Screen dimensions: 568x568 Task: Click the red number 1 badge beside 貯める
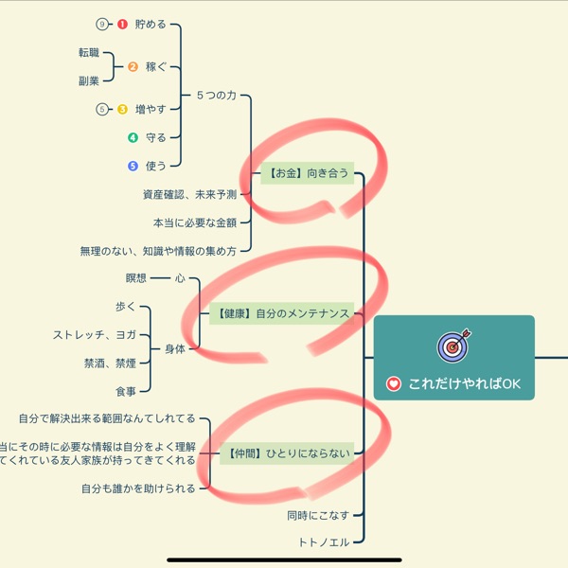click(122, 25)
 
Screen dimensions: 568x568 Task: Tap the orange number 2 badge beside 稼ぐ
click(133, 67)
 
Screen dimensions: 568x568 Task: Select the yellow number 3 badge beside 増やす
click(123, 110)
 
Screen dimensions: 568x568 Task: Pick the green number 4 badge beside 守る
click(133, 138)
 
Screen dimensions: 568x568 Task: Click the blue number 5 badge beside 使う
click(133, 166)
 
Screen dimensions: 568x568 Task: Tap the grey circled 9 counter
click(103, 25)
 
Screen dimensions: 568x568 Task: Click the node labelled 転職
click(89, 53)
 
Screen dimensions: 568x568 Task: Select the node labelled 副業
click(89, 81)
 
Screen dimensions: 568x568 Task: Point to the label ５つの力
click(216, 96)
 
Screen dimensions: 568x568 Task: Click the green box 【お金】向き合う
click(308, 173)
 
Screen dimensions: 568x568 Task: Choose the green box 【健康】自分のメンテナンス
click(281, 314)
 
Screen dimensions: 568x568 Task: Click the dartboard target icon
click(453, 346)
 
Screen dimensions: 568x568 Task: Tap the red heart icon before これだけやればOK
click(394, 385)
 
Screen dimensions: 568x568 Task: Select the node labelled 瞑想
click(136, 278)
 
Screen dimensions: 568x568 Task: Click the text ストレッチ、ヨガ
click(95, 335)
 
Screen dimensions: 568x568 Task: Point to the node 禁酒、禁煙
click(110, 364)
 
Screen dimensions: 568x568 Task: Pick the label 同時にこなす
click(318, 516)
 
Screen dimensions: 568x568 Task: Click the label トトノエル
click(324, 542)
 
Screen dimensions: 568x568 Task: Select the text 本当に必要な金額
click(195, 223)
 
